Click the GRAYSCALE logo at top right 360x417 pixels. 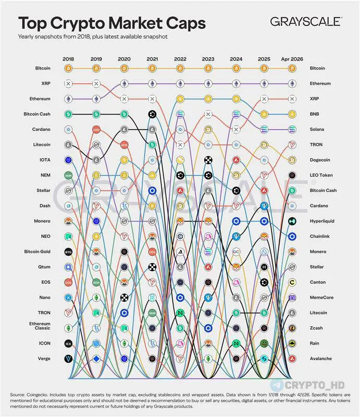click(x=306, y=21)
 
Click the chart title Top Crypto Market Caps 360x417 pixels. click(x=112, y=23)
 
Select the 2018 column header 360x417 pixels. click(x=68, y=59)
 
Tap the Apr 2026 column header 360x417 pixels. click(x=291, y=59)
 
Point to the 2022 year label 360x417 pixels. click(x=180, y=59)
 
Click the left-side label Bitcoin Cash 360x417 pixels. click(x=36, y=114)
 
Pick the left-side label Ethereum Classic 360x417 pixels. click(x=40, y=326)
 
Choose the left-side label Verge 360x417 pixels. click(x=42, y=359)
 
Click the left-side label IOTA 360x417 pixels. click(x=44, y=160)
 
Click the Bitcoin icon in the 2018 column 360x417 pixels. click(x=68, y=68)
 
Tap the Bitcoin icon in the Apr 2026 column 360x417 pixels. click(x=292, y=68)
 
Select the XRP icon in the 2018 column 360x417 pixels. click(x=68, y=83)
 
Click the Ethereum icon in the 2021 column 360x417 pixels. click(x=152, y=83)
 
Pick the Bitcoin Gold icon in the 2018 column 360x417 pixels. click(x=68, y=252)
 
